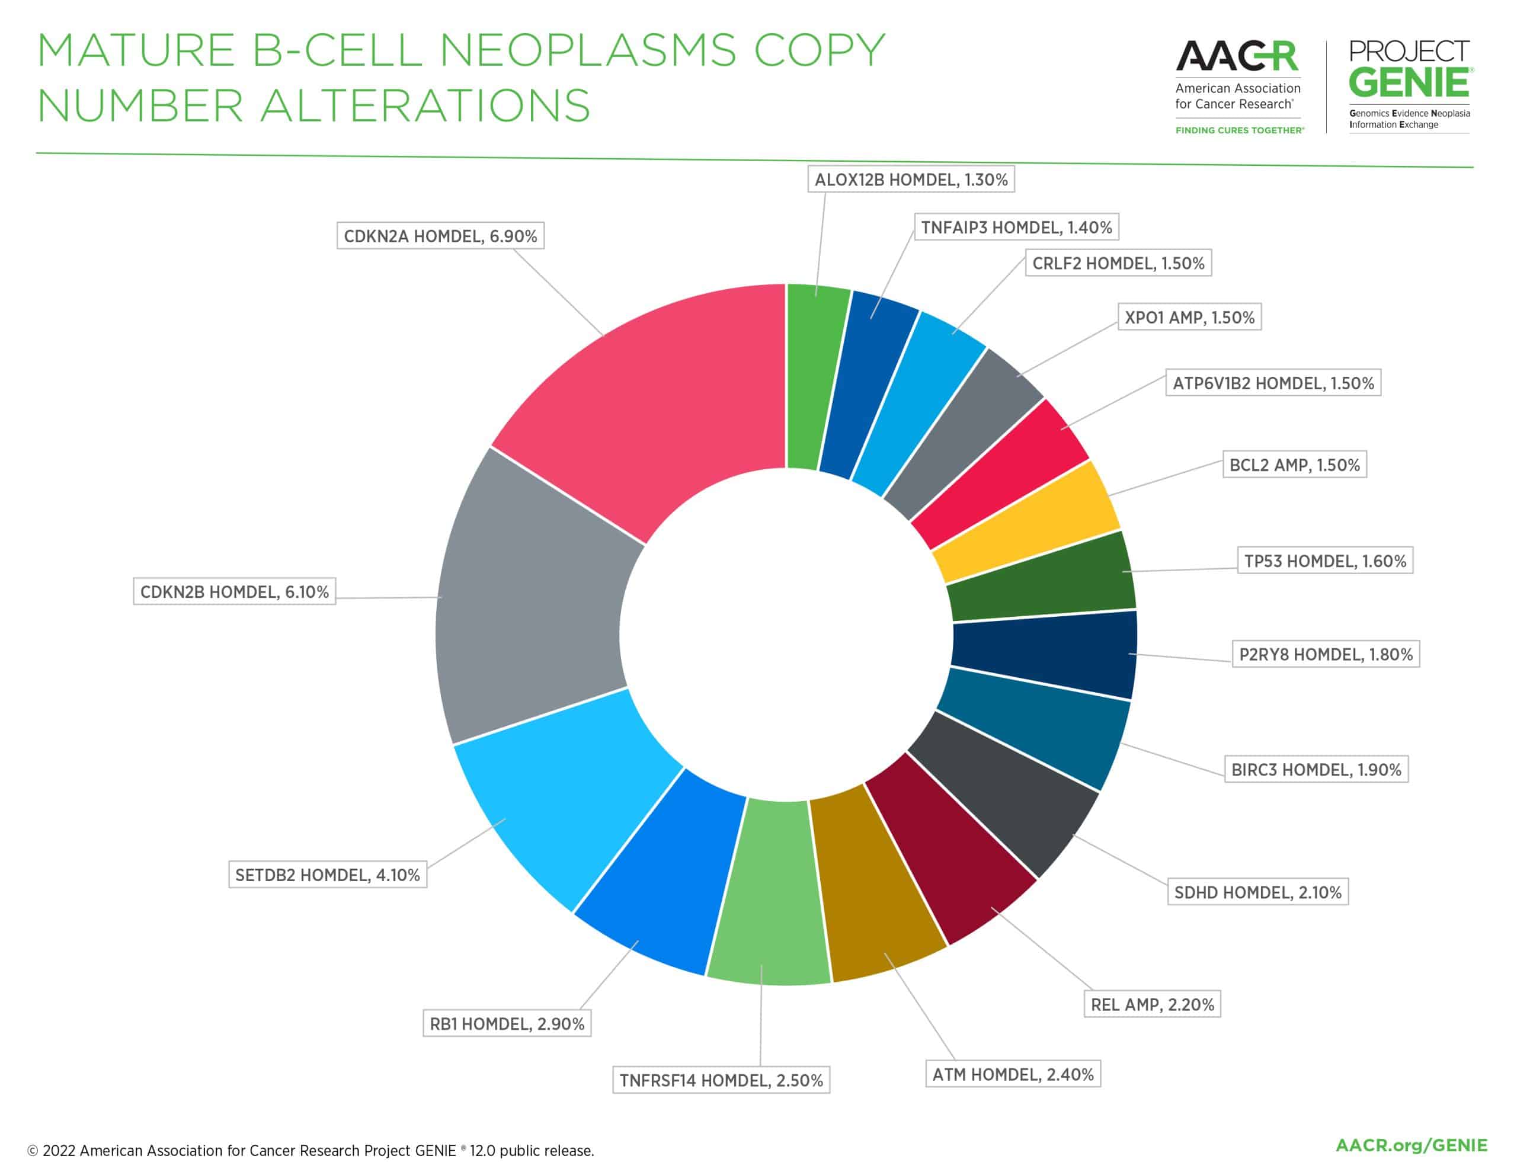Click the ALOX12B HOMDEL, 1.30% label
(x=911, y=180)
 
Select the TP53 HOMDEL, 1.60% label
(x=1324, y=561)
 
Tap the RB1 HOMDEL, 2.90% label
(x=507, y=1024)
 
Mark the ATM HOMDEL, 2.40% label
(x=1013, y=1075)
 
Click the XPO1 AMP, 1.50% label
(x=1189, y=318)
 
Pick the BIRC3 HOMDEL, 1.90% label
(x=1316, y=770)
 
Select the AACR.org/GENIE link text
(x=1412, y=1145)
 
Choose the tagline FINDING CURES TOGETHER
(x=1239, y=130)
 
